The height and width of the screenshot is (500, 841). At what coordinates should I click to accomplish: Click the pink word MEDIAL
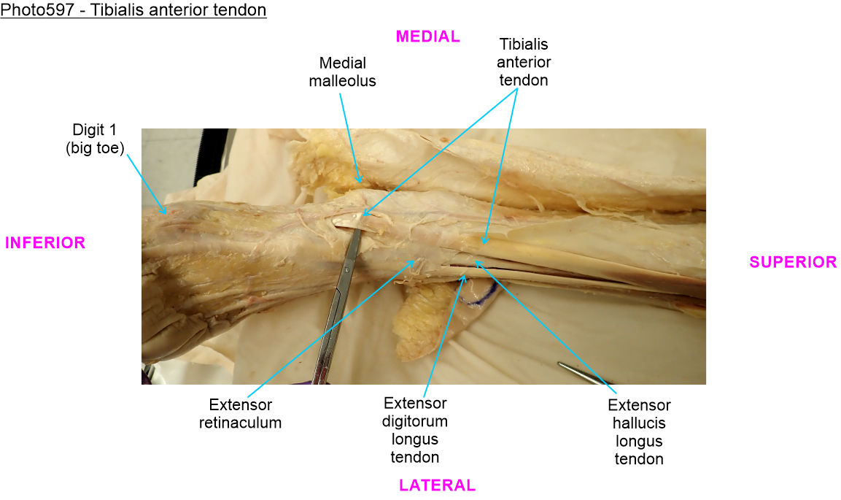pyautogui.click(x=427, y=36)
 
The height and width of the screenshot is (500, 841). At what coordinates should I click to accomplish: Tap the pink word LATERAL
pyautogui.click(x=437, y=485)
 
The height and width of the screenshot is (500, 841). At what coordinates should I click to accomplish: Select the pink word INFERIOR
pyautogui.click(x=45, y=243)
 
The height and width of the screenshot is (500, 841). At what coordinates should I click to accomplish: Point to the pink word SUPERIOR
pyautogui.click(x=793, y=262)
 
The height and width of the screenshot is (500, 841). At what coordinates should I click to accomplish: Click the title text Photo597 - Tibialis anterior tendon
pyautogui.click(x=133, y=11)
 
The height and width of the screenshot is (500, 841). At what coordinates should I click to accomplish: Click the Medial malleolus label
pyautogui.click(x=342, y=72)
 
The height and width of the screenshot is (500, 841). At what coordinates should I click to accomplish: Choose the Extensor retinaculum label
pyautogui.click(x=240, y=413)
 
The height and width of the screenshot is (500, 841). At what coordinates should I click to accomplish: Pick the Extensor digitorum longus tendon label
pyautogui.click(x=415, y=430)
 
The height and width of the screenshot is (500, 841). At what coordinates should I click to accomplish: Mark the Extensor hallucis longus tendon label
pyautogui.click(x=639, y=432)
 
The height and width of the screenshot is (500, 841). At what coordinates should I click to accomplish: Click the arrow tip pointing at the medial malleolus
pyautogui.click(x=359, y=180)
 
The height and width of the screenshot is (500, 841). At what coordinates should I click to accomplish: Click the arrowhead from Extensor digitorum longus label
pyautogui.click(x=464, y=274)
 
